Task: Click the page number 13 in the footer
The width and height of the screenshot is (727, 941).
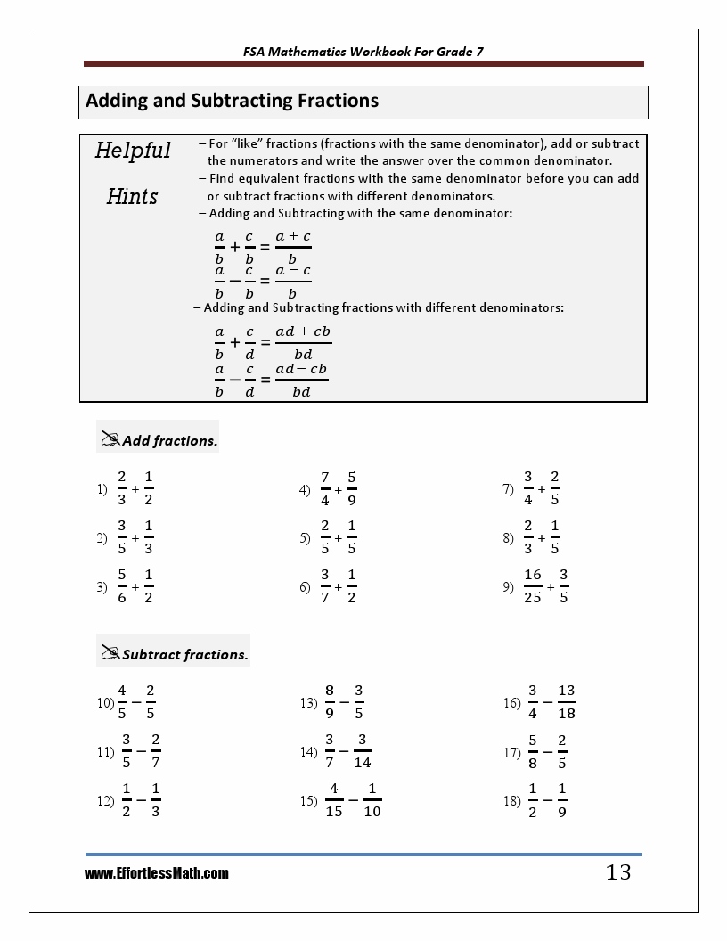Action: (618, 872)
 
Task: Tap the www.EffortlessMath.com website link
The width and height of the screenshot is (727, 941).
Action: (157, 874)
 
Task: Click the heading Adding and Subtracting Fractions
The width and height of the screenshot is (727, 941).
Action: (233, 102)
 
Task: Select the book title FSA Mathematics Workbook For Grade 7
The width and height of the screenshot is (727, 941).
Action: (363, 52)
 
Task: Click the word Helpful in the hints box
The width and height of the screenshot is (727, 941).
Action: (133, 151)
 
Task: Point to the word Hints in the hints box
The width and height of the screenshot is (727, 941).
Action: (133, 197)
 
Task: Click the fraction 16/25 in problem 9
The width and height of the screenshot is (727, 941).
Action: (533, 586)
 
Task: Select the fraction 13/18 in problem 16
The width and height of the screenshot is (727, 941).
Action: (567, 702)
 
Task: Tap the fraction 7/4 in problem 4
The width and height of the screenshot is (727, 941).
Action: (325, 489)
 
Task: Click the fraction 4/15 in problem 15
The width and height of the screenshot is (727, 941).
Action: (334, 800)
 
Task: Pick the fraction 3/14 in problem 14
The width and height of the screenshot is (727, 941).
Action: (363, 751)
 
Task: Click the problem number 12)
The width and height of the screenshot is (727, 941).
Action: (105, 801)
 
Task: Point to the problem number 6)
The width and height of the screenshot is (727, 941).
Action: (305, 587)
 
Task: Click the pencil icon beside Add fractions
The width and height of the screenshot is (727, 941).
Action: (110, 439)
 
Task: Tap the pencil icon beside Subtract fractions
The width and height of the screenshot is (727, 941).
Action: (110, 653)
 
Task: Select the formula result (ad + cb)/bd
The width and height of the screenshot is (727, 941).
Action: (303, 343)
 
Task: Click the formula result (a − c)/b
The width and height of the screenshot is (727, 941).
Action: (293, 282)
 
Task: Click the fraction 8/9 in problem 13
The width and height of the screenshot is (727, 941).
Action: (330, 702)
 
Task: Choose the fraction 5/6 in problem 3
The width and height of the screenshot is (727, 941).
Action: (122, 586)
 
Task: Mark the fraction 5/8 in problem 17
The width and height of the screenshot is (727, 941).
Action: (533, 751)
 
